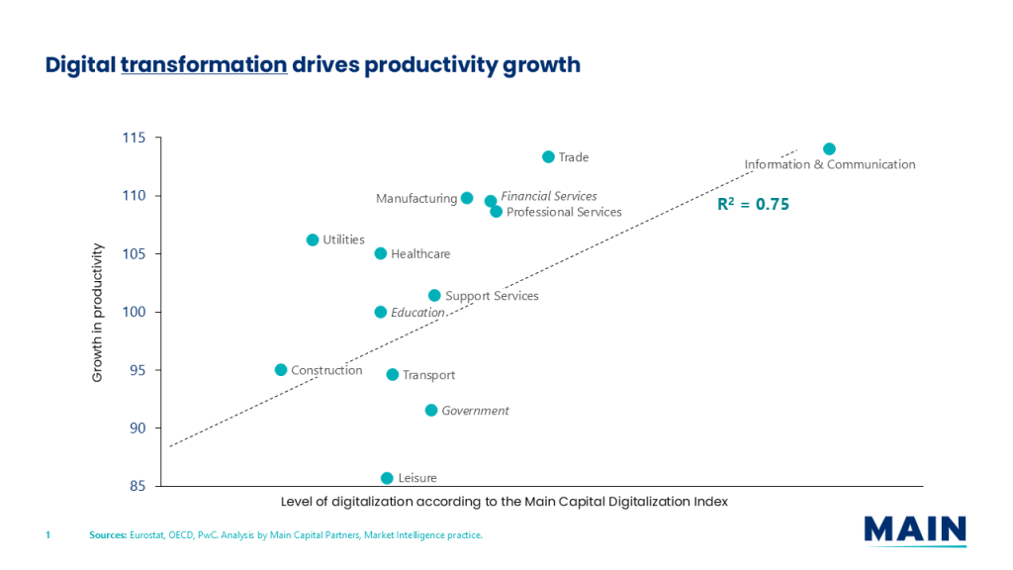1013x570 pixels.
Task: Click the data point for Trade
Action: point(548,157)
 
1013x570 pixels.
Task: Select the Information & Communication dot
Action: point(829,149)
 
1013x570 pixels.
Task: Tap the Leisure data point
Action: point(387,478)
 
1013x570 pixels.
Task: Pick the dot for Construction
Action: point(281,370)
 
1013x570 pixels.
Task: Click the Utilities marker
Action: point(313,239)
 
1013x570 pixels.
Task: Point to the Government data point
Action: point(431,411)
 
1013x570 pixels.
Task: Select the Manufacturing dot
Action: point(467,198)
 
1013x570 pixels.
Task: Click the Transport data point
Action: point(393,375)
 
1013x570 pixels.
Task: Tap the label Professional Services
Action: point(564,212)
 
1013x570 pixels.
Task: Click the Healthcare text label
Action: point(420,254)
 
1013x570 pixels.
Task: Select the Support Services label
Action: point(492,296)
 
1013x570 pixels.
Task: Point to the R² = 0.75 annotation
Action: point(754,205)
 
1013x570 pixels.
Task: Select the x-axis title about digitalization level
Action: point(504,502)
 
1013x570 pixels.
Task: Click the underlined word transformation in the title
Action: point(204,65)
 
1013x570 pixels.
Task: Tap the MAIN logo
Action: point(914,529)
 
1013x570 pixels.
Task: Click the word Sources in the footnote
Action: point(107,535)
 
